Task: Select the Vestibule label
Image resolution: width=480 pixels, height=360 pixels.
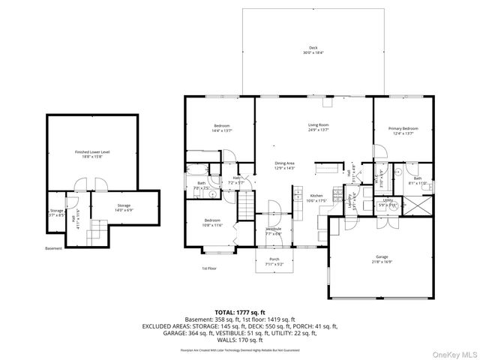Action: [x=273, y=230]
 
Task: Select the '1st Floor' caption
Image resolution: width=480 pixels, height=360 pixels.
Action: [x=209, y=268]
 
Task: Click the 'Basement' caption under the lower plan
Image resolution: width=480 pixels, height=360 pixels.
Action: [x=53, y=248]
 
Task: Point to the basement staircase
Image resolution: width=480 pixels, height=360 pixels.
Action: [x=95, y=230]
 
